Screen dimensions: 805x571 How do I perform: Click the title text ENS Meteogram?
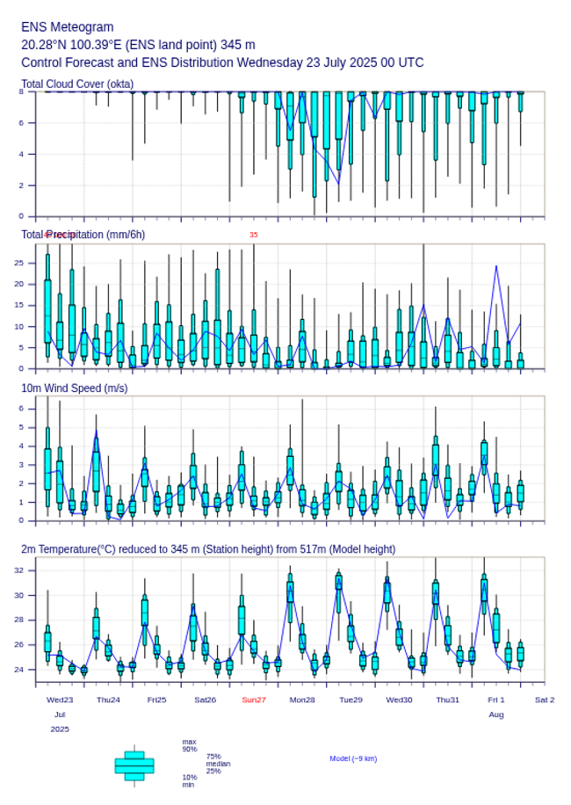pyautogui.click(x=68, y=27)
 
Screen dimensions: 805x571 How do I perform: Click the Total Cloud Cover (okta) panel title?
pyautogui.click(x=77, y=84)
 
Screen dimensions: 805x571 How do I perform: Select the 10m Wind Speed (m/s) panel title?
pyautogui.click(x=74, y=388)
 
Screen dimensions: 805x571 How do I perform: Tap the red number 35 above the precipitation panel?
pyautogui.click(x=254, y=235)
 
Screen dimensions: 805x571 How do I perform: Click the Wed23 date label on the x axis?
pyautogui.click(x=60, y=700)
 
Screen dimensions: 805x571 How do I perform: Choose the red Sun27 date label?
pyautogui.click(x=254, y=700)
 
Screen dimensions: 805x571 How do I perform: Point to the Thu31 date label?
pyautogui.click(x=448, y=700)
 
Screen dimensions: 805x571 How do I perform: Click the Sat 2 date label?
pyautogui.click(x=545, y=700)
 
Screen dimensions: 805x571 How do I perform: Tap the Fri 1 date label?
pyautogui.click(x=496, y=700)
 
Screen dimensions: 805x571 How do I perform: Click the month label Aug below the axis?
pyautogui.click(x=496, y=714)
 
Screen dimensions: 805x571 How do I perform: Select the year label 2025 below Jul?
pyautogui.click(x=60, y=729)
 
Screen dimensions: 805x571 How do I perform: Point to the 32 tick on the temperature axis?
pyautogui.click(x=28, y=570)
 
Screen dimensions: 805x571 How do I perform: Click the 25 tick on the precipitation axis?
pyautogui.click(x=28, y=263)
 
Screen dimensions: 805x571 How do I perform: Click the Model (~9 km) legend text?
pyautogui.click(x=353, y=758)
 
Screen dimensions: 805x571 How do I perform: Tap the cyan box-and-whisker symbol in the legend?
pyautogui.click(x=134, y=765)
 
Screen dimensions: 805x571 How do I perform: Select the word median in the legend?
pyautogui.click(x=218, y=764)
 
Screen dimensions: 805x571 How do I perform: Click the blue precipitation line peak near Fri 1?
pyautogui.click(x=496, y=265)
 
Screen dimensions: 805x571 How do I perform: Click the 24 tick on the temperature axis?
pyautogui.click(x=28, y=670)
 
